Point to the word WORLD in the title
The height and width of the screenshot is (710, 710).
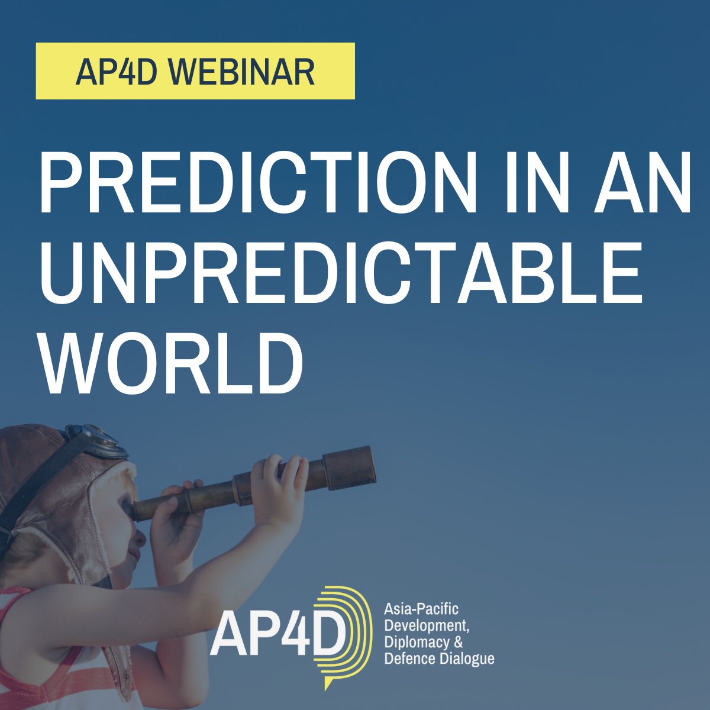(172, 362)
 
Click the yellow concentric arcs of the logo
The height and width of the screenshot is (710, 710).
(349, 633)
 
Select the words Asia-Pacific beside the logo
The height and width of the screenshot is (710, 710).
(421, 609)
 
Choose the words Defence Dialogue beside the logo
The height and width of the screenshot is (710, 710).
(439, 659)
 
